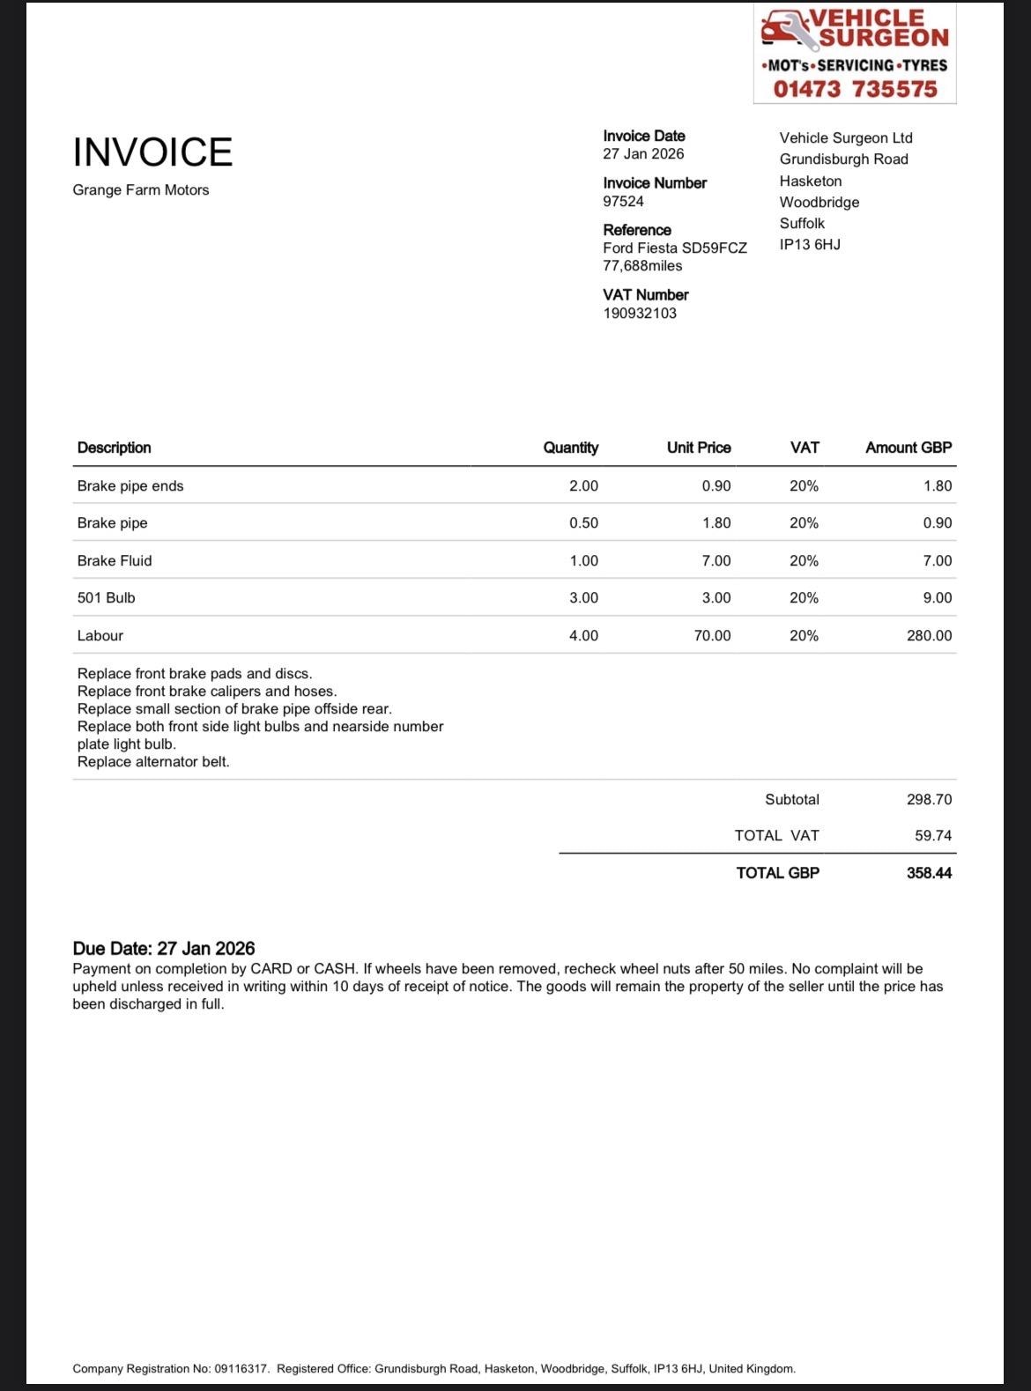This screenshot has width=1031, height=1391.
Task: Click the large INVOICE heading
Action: point(152,152)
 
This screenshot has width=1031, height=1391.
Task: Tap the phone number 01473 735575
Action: point(855,89)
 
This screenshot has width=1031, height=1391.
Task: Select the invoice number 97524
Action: point(623,202)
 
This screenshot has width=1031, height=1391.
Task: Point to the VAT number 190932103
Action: point(640,314)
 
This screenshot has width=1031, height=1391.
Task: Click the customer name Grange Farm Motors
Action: point(141,190)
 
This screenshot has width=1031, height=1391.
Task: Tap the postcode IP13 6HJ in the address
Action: point(810,245)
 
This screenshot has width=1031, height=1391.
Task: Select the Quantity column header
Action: point(570,448)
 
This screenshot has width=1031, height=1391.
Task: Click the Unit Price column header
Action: point(699,448)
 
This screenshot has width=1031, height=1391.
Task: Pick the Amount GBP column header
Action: point(909,448)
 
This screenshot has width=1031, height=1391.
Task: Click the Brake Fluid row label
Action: point(115,561)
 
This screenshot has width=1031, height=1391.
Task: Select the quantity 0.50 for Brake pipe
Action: point(583,523)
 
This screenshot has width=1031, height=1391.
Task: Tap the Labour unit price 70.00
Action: point(712,636)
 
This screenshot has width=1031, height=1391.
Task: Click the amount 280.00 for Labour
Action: point(929,636)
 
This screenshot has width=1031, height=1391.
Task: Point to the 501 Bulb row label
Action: point(107,598)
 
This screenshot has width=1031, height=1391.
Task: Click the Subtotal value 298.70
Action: point(929,800)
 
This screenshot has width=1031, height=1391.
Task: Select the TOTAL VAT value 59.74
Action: point(933,836)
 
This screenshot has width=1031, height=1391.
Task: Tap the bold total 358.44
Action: point(929,873)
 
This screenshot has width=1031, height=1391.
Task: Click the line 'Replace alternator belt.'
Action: point(153,762)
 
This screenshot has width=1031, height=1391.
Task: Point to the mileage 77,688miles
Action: point(642,266)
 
